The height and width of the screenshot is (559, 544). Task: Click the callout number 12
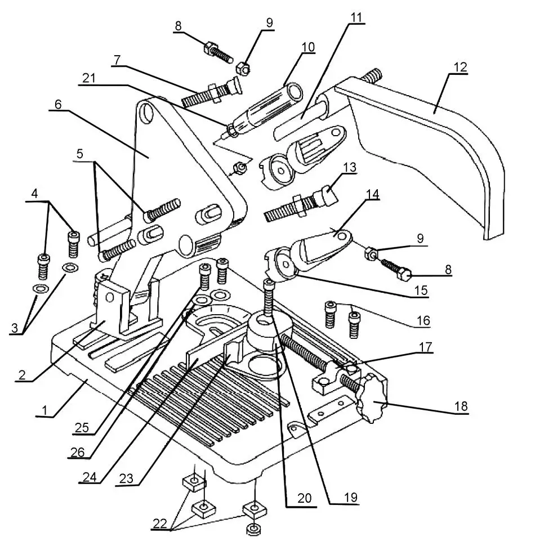460,66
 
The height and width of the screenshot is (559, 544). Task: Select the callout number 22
160,523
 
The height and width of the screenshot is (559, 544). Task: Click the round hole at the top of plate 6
147,113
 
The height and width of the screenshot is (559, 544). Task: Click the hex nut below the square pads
254,529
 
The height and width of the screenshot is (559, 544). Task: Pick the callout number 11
356,16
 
